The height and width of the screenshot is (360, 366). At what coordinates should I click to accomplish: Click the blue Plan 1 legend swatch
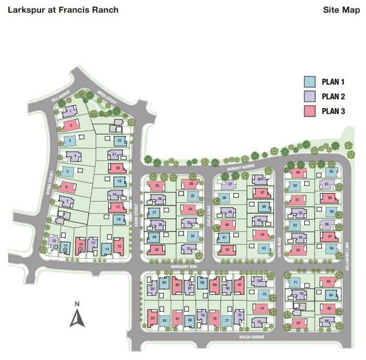(x=309, y=82)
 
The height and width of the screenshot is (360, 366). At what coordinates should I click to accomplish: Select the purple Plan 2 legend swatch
(x=309, y=97)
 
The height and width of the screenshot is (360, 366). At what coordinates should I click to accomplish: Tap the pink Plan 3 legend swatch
(x=309, y=111)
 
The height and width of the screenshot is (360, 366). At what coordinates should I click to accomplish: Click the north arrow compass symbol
(x=77, y=316)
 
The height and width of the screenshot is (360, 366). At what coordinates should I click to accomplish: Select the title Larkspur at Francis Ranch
(x=63, y=10)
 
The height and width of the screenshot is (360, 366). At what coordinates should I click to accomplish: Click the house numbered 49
(x=297, y=173)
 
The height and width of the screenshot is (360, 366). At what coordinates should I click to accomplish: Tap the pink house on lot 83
(x=153, y=318)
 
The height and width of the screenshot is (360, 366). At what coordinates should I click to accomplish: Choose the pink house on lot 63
(x=328, y=282)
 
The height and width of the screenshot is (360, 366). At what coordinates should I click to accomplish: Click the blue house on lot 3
(x=69, y=141)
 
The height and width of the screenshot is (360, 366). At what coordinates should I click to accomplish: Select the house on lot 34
(x=191, y=210)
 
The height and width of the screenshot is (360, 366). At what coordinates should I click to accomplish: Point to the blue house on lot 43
(x=262, y=248)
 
